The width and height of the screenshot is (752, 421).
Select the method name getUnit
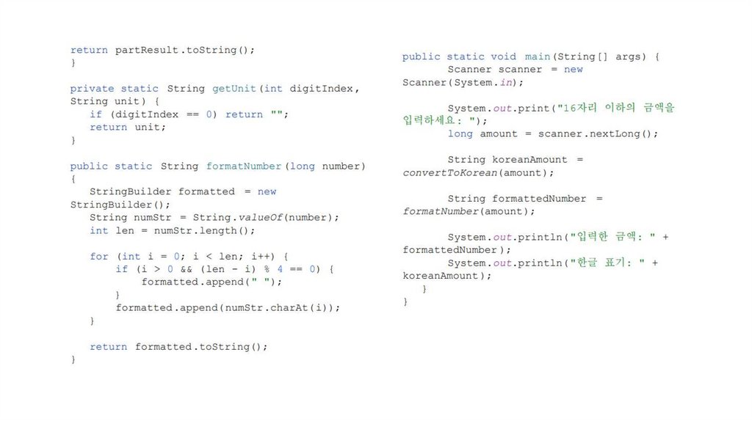234,88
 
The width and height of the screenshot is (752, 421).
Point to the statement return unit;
128,127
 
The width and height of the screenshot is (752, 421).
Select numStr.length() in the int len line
215,230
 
